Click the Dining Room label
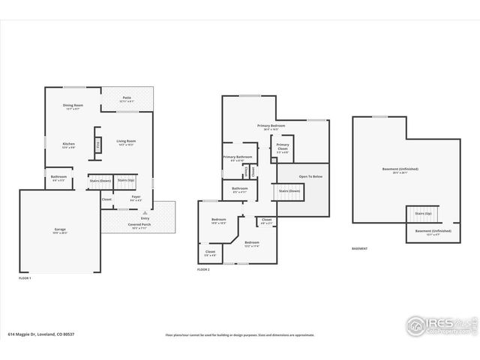click(x=73, y=105)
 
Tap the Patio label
click(x=127, y=99)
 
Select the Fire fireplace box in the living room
click(x=97, y=145)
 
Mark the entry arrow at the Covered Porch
click(x=135, y=212)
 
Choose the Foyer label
click(x=136, y=197)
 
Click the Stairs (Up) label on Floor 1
click(x=125, y=181)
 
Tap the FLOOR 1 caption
click(x=25, y=278)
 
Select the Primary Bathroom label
click(x=237, y=157)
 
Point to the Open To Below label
click(x=310, y=176)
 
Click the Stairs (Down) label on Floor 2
click(x=289, y=191)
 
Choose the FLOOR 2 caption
click(x=203, y=268)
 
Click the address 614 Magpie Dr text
click(x=34, y=335)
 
